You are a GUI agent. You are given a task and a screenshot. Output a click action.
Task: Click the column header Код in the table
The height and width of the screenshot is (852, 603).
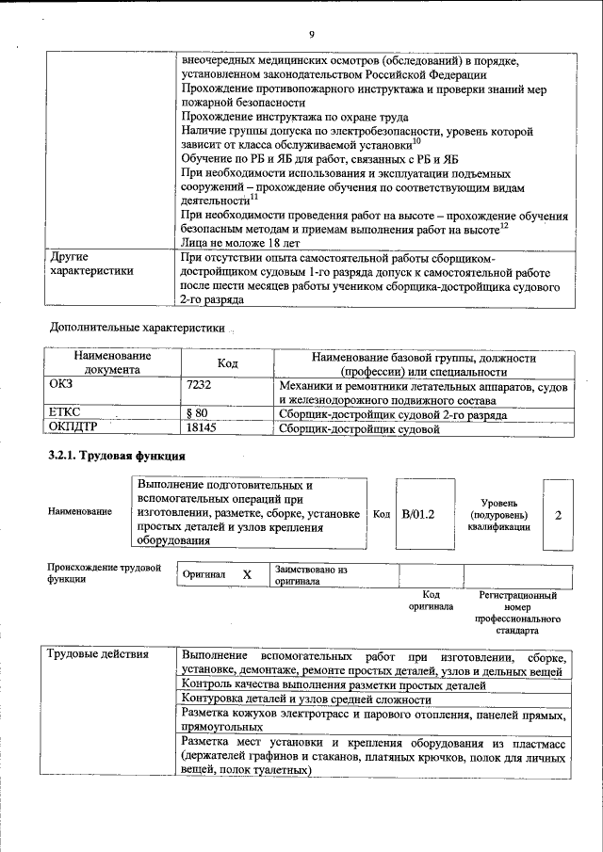[x=227, y=363]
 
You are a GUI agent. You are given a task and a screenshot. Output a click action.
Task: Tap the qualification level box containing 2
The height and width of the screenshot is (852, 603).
[x=558, y=515]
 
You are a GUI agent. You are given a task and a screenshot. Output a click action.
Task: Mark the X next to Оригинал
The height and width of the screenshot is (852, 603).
[x=247, y=574]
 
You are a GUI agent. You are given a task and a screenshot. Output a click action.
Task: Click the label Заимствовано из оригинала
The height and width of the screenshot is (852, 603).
[x=311, y=575]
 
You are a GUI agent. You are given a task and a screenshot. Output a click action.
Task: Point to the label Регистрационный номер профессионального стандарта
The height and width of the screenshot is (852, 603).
[x=517, y=613]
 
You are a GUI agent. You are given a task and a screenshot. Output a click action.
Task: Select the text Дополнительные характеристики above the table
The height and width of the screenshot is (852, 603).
[x=137, y=329]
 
